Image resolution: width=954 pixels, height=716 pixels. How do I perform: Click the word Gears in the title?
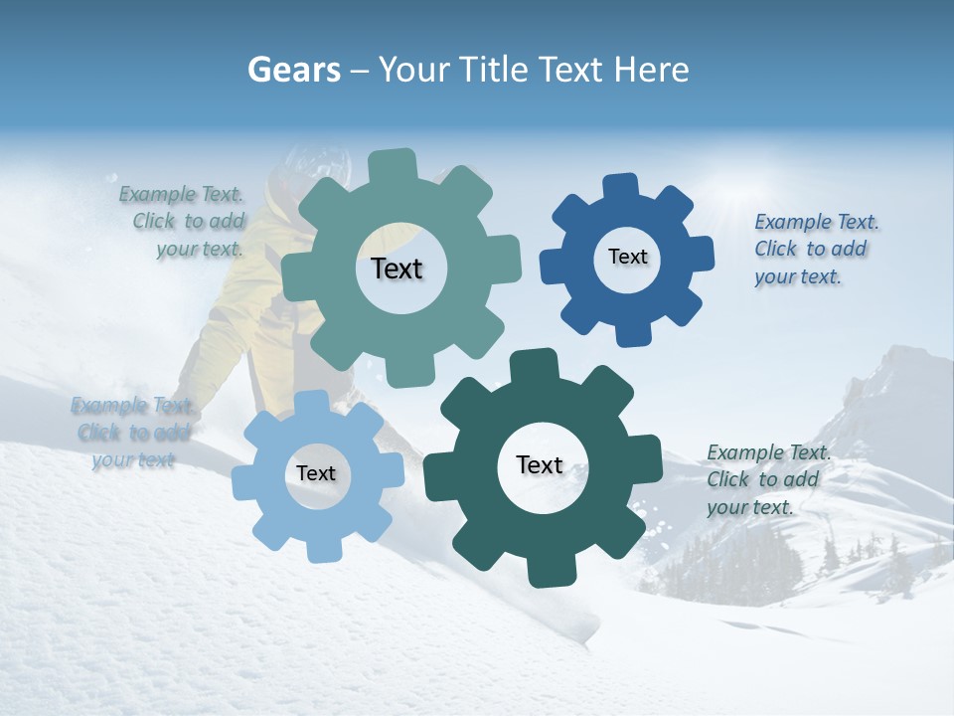[x=293, y=70]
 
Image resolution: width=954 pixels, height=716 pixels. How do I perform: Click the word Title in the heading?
[x=494, y=70]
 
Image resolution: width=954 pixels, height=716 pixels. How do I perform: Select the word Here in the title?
[x=651, y=70]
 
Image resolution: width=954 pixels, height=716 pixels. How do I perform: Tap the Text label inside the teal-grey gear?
[x=397, y=268]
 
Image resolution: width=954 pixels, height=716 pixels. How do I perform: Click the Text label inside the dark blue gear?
[x=627, y=257]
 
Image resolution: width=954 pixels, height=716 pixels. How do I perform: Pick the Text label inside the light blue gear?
[x=316, y=473]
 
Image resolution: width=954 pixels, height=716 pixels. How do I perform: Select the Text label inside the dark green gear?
[x=540, y=464]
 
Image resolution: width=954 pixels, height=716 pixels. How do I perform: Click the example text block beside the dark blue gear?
[x=816, y=249]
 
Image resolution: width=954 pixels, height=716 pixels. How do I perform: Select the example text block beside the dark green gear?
[x=768, y=479]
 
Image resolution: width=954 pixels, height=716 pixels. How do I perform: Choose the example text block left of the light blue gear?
[x=131, y=433]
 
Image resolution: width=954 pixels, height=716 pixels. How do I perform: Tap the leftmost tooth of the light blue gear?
[x=245, y=481]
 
